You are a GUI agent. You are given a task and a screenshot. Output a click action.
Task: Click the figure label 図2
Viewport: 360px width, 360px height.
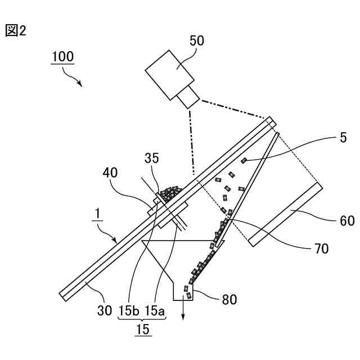point(16,30)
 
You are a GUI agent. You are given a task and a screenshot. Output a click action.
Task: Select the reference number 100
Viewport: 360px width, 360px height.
point(62,57)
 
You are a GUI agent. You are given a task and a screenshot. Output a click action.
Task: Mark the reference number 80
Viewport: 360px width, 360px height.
point(229,299)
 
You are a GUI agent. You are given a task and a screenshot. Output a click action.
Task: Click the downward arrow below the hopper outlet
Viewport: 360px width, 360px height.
point(183,312)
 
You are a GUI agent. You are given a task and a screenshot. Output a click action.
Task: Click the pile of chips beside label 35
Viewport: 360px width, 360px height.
point(170,192)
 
